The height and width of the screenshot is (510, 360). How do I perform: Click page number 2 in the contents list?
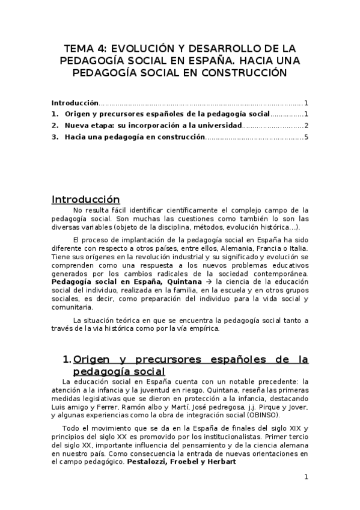[x=307, y=126]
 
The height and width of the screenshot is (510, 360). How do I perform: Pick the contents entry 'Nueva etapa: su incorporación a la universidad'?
[x=153, y=126]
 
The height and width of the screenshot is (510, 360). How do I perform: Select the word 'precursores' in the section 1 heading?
[x=159, y=360]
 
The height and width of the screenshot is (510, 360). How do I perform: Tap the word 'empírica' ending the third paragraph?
[x=204, y=328]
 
